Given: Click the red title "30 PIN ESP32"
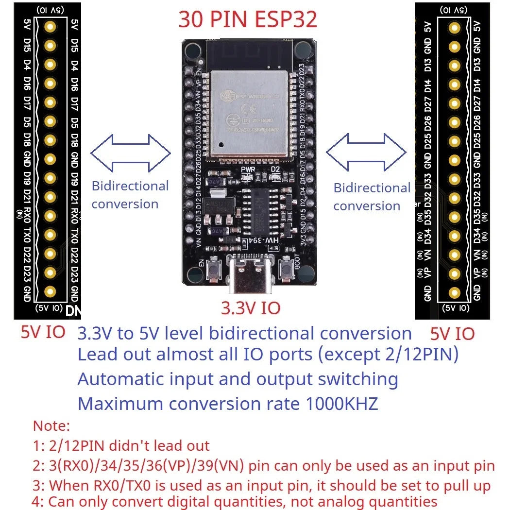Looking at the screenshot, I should [x=248, y=19].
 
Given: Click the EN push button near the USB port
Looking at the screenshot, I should [x=212, y=270].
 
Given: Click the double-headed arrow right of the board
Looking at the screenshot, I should [x=366, y=153].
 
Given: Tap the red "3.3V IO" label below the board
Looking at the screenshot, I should [x=251, y=308].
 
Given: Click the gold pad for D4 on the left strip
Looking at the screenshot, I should [x=50, y=65].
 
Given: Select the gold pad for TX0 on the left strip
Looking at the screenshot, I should [x=50, y=235].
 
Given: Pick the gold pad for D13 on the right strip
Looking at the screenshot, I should [x=454, y=66].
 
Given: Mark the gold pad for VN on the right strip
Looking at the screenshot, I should [x=454, y=255].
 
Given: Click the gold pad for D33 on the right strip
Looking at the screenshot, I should [x=454, y=179].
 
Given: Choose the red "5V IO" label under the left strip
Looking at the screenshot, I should [x=43, y=332].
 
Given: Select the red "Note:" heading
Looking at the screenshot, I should [x=51, y=426].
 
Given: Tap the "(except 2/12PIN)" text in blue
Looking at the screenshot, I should [x=388, y=355].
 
